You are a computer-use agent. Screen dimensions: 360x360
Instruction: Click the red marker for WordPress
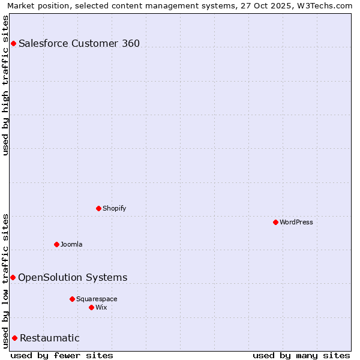tap(275, 222)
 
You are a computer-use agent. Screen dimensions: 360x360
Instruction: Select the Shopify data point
tap(98, 208)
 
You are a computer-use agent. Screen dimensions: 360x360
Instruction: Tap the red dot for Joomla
tap(56, 244)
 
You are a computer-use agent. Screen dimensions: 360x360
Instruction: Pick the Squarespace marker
tap(72, 299)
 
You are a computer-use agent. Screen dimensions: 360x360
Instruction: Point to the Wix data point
tap(91, 307)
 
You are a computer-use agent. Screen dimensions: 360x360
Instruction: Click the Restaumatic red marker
tap(14, 338)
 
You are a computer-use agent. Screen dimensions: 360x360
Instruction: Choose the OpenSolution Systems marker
tap(13, 277)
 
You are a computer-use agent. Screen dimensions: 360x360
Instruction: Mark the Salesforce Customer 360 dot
tap(13, 43)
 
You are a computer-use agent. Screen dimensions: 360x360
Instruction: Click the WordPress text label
tap(296, 222)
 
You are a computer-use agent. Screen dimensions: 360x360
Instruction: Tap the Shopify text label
tap(115, 208)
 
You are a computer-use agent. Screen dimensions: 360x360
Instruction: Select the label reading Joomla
tap(71, 244)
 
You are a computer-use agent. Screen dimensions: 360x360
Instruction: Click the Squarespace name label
tap(97, 299)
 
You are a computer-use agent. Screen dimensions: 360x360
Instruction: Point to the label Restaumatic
tap(50, 338)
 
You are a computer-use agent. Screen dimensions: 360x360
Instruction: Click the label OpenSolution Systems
tap(73, 277)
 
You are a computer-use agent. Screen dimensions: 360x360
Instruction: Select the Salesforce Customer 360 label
tap(79, 43)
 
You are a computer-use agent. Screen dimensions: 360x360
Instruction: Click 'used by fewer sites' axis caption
tap(62, 355)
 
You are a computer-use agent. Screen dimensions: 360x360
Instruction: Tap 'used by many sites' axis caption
tap(301, 355)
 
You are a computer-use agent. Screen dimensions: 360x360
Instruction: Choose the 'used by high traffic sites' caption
tap(5, 85)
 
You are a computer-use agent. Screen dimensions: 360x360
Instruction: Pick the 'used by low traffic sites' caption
tap(5, 281)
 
